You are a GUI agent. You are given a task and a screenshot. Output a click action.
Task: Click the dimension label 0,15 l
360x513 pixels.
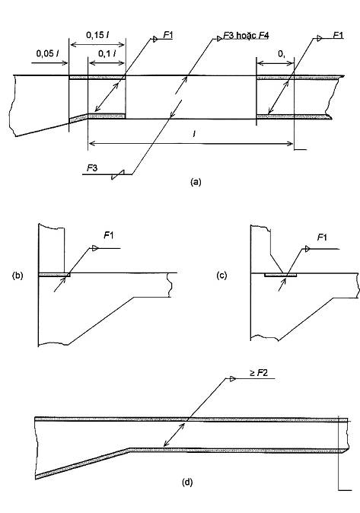pyautogui.click(x=98, y=35)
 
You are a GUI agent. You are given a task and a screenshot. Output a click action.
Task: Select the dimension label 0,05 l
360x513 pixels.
pyautogui.click(x=47, y=53)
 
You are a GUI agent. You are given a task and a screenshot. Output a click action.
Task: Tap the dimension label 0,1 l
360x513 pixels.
pyautogui.click(x=107, y=53)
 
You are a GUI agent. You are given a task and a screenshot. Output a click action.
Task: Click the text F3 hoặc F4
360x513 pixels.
pyautogui.click(x=246, y=35)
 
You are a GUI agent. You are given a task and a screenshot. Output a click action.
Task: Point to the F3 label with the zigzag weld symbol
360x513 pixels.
pyautogui.click(x=92, y=168)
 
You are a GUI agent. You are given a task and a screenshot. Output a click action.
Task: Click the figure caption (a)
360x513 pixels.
pyautogui.click(x=196, y=182)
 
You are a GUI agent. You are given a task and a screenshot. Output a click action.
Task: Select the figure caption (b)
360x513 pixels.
pyautogui.click(x=18, y=276)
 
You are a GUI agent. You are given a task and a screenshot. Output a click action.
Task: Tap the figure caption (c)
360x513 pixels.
pyautogui.click(x=221, y=276)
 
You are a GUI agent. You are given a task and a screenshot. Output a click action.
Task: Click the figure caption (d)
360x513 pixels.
pyautogui.click(x=187, y=482)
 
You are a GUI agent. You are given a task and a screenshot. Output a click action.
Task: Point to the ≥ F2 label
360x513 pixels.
pyautogui.click(x=259, y=373)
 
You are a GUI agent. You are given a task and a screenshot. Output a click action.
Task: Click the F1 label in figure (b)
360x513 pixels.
pyautogui.click(x=109, y=235)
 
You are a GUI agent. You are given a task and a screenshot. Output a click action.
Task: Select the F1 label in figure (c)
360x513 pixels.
pyautogui.click(x=322, y=237)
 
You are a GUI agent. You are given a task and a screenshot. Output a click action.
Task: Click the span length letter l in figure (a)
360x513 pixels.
pyautogui.click(x=194, y=134)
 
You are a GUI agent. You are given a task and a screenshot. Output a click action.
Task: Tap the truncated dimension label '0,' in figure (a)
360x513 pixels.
pyautogui.click(x=282, y=53)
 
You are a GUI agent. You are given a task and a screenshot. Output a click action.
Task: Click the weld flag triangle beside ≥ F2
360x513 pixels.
pyautogui.click(x=232, y=379)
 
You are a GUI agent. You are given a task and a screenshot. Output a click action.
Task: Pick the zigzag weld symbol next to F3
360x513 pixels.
pyautogui.click(x=118, y=174)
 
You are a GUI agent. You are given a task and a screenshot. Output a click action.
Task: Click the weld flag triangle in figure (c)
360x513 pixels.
pyautogui.click(x=307, y=250)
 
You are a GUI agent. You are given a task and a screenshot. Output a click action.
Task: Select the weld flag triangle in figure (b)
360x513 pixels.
pyautogui.click(x=95, y=248)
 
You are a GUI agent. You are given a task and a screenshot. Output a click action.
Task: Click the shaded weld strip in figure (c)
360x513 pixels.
pyautogui.click(x=281, y=276)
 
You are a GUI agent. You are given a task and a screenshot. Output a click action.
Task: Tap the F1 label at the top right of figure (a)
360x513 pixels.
pyautogui.click(x=338, y=35)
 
